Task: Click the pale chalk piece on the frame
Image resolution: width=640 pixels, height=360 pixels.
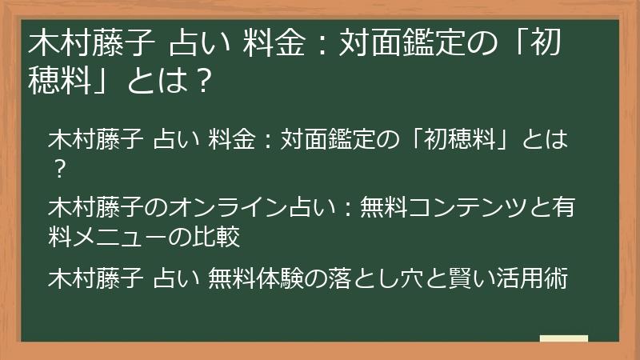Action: (x=563, y=339)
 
